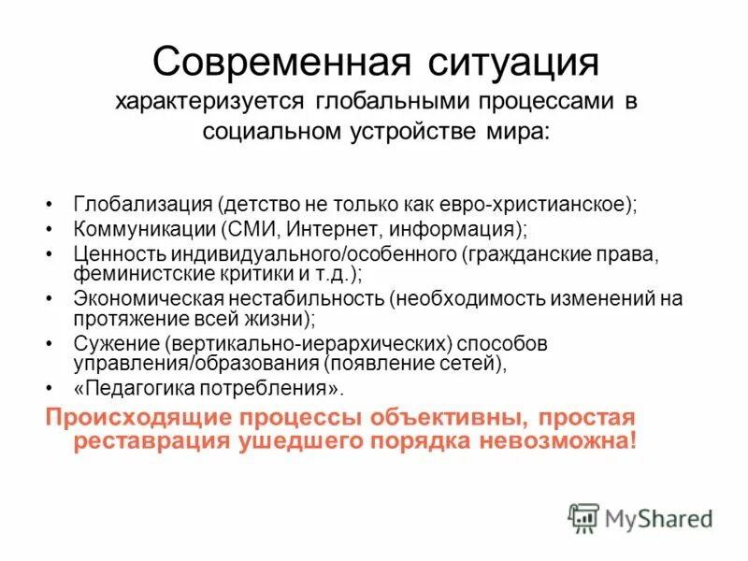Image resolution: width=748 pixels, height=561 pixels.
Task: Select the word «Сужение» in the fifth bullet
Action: point(107,344)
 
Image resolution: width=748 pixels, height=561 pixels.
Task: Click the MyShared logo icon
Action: point(583,517)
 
